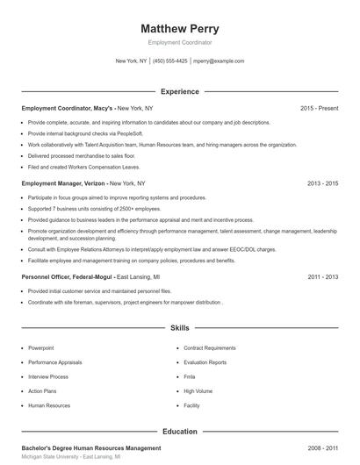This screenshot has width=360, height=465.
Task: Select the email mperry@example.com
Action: pyautogui.click(x=219, y=61)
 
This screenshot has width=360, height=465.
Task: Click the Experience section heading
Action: pyautogui.click(x=180, y=91)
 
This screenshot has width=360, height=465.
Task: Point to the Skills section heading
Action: pyautogui.click(x=180, y=328)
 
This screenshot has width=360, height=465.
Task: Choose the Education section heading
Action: pyautogui.click(x=180, y=432)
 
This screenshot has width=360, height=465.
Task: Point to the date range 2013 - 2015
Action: pyautogui.click(x=323, y=183)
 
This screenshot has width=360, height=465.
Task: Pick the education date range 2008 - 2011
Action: pyautogui.click(x=323, y=447)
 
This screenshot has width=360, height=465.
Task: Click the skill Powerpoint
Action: pyautogui.click(x=41, y=347)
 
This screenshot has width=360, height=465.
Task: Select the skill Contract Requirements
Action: pyautogui.click(x=210, y=347)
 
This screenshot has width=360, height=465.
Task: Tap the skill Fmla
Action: pyautogui.click(x=190, y=376)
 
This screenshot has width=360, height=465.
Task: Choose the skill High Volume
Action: pyautogui.click(x=198, y=391)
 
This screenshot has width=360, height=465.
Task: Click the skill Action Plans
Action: pyautogui.click(x=43, y=391)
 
